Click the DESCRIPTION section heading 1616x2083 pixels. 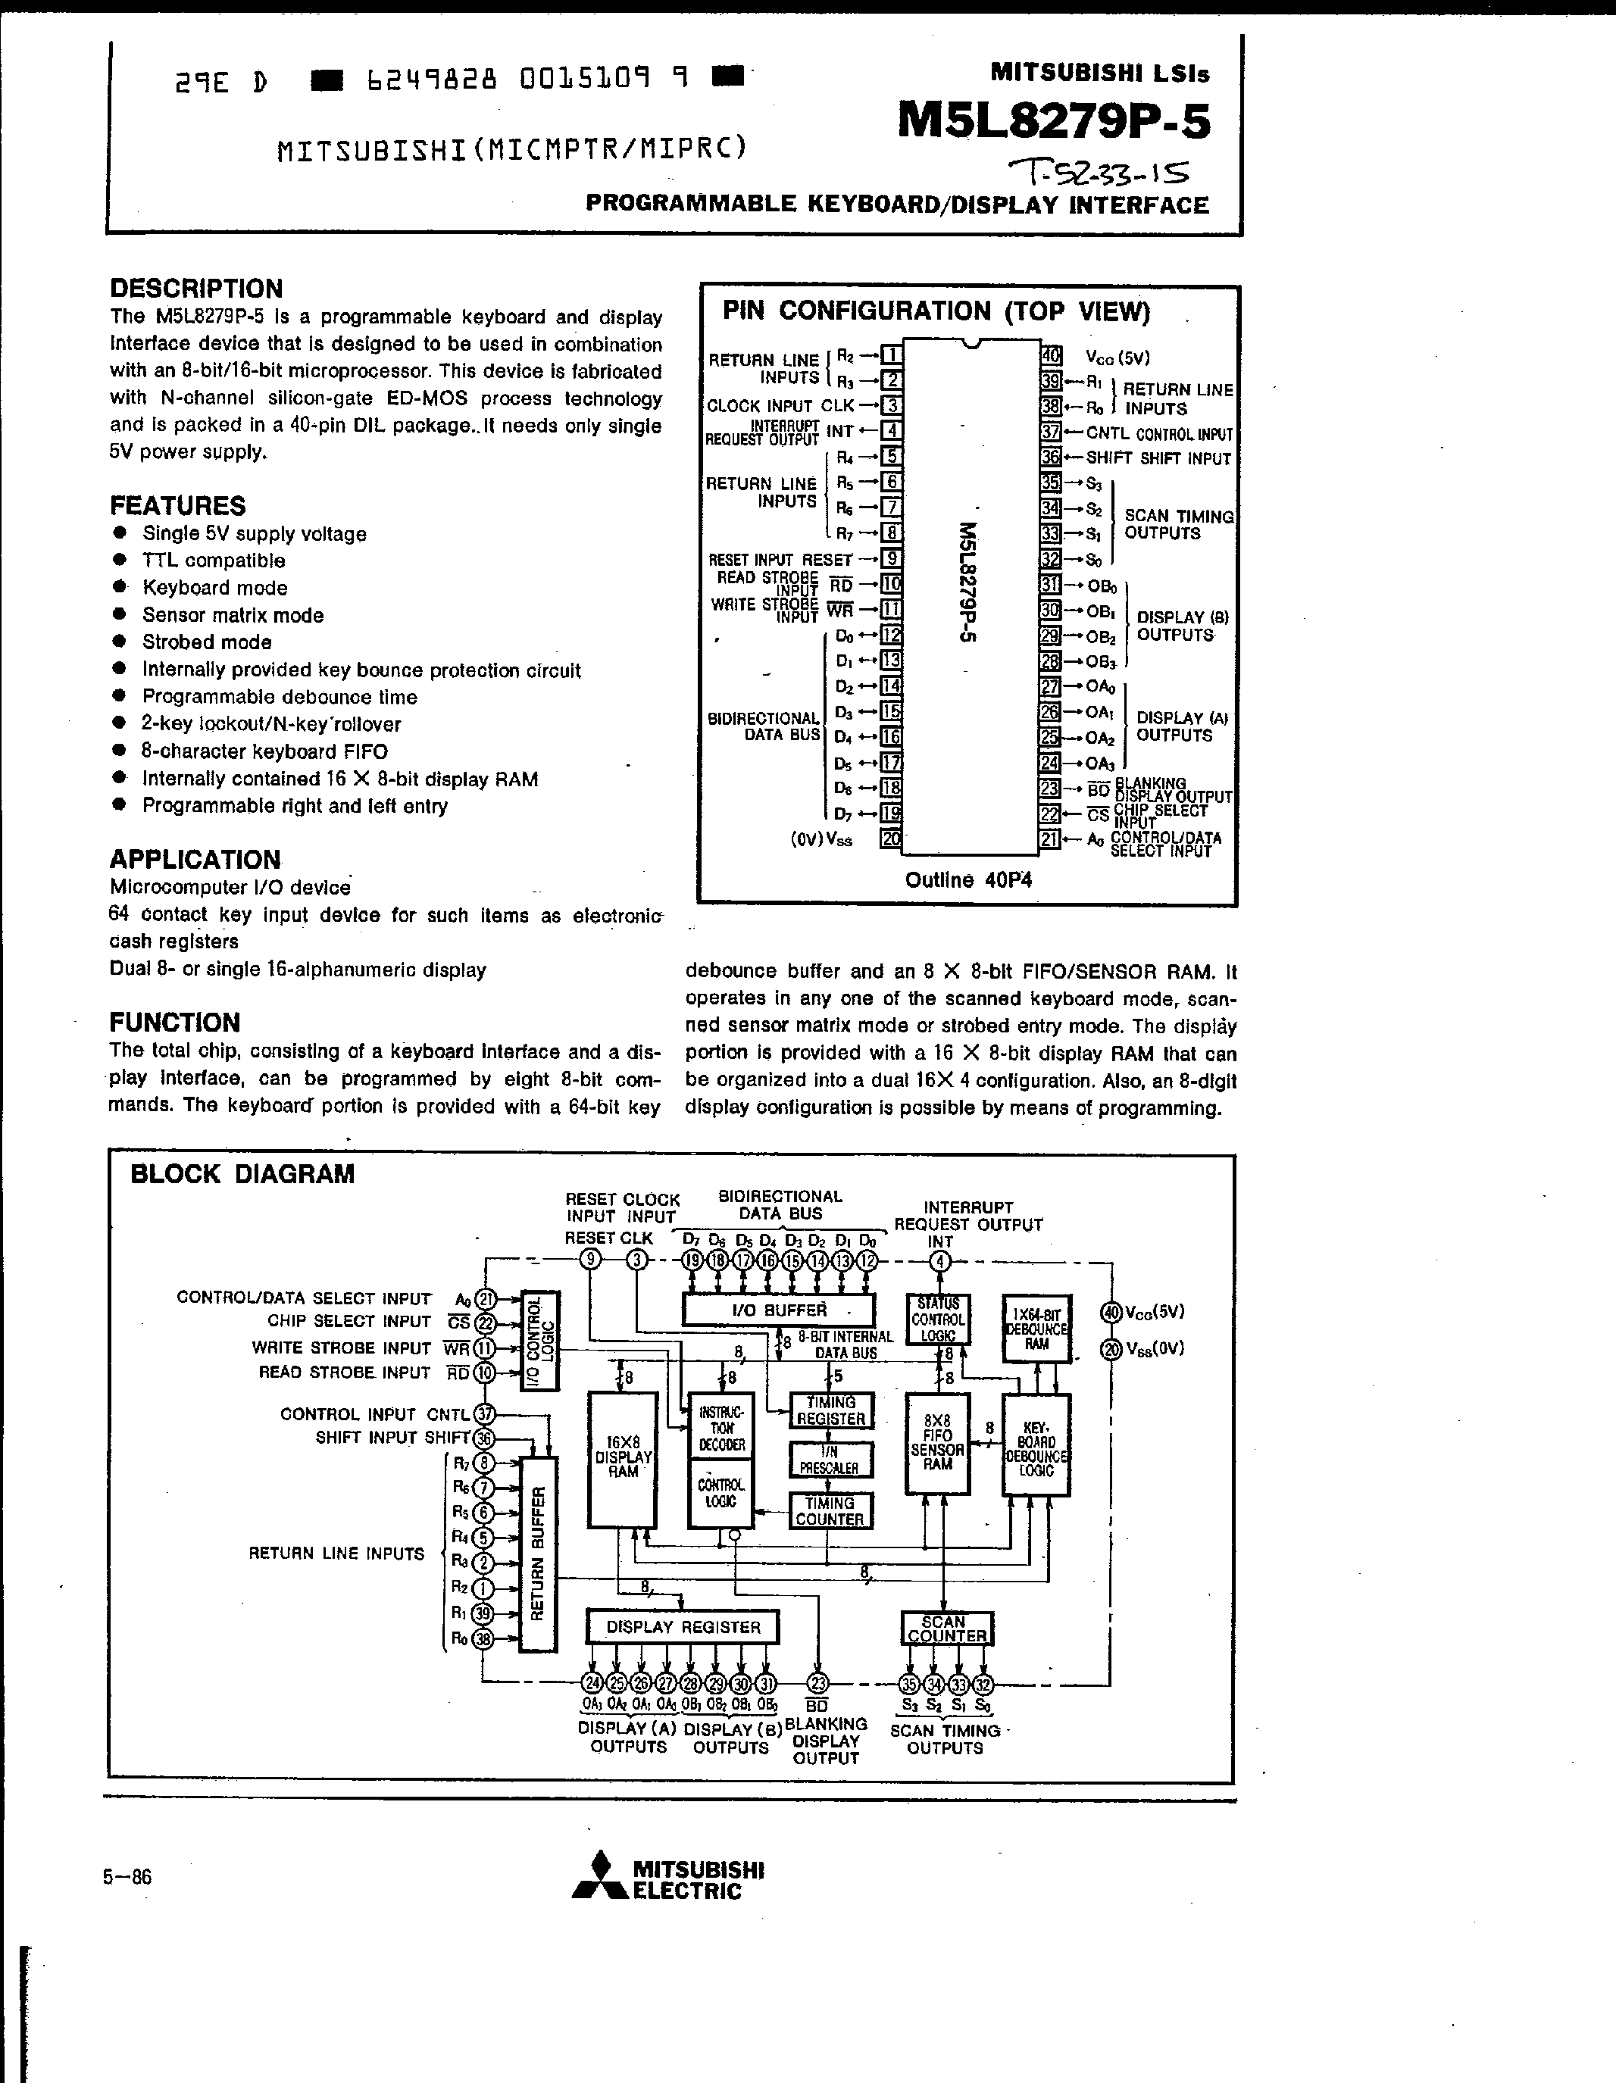pos(196,288)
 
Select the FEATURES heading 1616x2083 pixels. pos(177,505)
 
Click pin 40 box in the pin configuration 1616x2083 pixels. pos(1050,356)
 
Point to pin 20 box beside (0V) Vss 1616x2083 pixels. pos(891,839)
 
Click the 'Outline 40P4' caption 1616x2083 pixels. pos(968,880)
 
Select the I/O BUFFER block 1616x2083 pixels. pos(778,1310)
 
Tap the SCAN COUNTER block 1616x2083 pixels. pos(946,1628)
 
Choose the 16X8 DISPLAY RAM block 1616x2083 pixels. pos(623,1460)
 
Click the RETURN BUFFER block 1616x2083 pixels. pos(537,1554)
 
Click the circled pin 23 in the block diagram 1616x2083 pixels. pos(817,1683)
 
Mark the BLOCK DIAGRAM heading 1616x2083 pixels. pos(242,1174)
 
